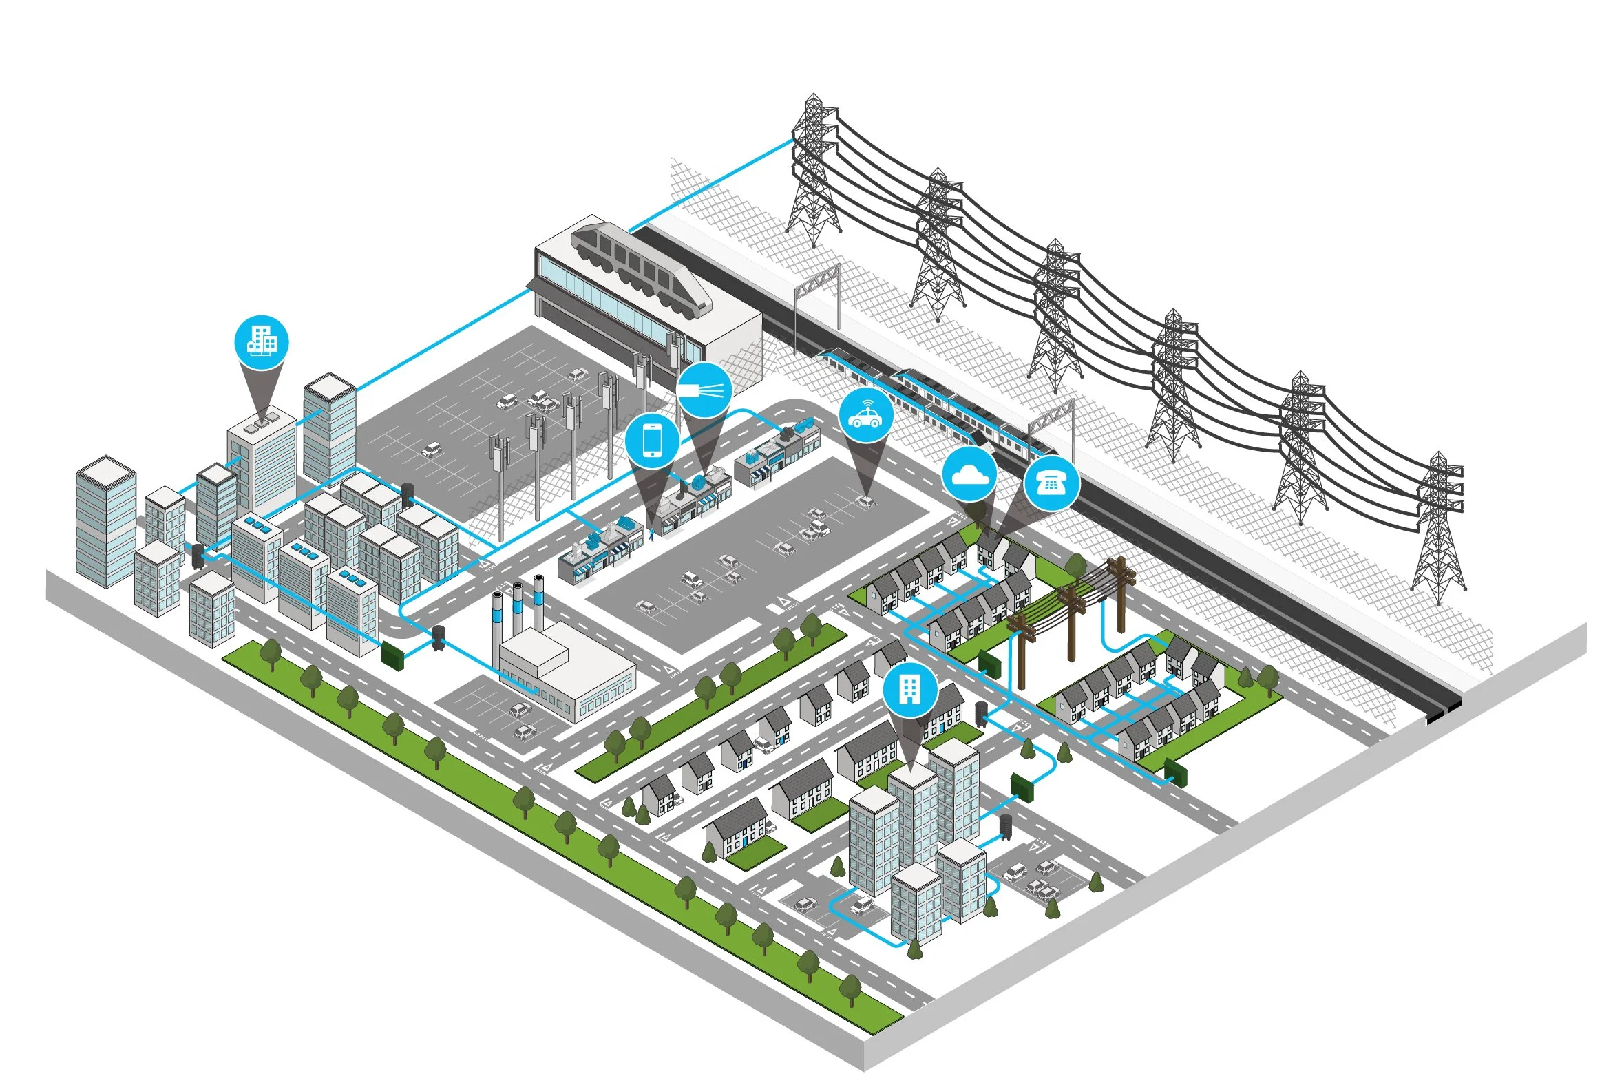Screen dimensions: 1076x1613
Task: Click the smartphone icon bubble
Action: [x=652, y=441]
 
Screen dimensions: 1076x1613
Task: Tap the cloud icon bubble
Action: [x=969, y=474]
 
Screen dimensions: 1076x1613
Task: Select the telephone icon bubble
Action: [x=1051, y=483]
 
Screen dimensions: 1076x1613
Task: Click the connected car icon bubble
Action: [x=865, y=416]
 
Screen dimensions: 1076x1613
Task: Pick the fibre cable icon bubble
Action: [x=703, y=390]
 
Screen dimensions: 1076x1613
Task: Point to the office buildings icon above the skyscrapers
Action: [x=262, y=342]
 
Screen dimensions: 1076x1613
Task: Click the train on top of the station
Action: [x=640, y=268]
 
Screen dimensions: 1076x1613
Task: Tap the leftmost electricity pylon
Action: [x=814, y=172]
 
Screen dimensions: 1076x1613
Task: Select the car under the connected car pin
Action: [x=865, y=500]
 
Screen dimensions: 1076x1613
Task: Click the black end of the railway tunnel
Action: [x=1444, y=710]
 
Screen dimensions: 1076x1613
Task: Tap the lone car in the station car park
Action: [x=431, y=450]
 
